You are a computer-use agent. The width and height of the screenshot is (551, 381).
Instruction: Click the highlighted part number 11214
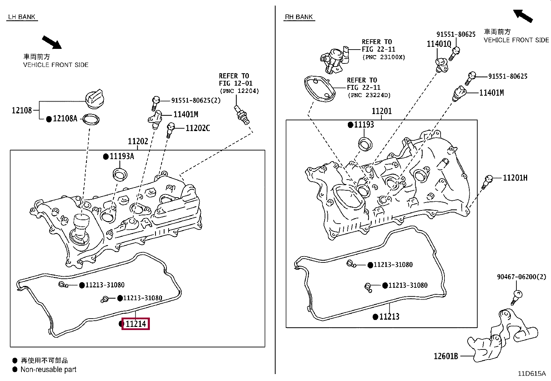(136, 324)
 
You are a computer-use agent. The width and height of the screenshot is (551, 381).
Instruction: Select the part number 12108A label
(65, 119)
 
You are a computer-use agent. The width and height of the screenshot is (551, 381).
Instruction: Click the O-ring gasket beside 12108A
(91, 119)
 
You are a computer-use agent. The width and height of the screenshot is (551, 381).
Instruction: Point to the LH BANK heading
(22, 17)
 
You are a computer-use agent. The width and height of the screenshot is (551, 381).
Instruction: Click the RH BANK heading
(299, 17)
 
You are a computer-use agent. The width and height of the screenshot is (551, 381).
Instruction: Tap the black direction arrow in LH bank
(52, 42)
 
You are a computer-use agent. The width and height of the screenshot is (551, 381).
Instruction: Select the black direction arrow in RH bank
(523, 16)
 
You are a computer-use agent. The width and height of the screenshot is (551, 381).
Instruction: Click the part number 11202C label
(198, 128)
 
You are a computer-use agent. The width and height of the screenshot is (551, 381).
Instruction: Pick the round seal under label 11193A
(120, 174)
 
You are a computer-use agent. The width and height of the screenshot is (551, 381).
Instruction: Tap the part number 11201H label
(515, 178)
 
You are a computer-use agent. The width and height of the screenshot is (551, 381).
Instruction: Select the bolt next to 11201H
(487, 182)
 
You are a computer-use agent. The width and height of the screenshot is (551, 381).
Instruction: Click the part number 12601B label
(446, 356)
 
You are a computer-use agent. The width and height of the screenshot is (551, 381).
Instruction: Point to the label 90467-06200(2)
(521, 277)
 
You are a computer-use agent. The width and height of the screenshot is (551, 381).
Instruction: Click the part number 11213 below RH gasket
(389, 317)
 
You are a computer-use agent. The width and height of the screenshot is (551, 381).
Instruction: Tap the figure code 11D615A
(532, 374)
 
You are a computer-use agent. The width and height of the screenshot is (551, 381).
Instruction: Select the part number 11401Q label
(439, 44)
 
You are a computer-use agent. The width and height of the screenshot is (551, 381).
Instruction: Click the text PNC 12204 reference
(239, 91)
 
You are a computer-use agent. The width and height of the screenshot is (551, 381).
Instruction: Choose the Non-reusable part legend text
(48, 370)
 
